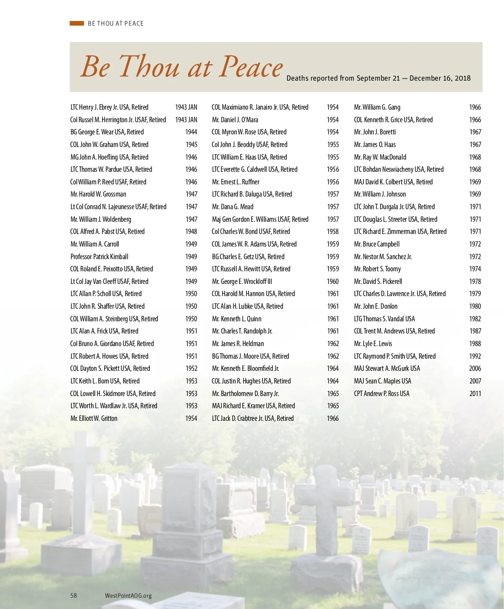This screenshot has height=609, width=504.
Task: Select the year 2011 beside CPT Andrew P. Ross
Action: [x=475, y=394]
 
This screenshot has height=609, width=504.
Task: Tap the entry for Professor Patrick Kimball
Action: [x=100, y=257]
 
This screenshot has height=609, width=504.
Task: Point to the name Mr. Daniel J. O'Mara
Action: [x=235, y=120]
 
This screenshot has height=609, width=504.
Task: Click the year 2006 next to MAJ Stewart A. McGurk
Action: [x=475, y=369]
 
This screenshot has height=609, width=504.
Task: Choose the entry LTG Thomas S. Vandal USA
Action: [x=384, y=319]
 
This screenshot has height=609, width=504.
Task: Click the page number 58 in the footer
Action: [x=73, y=595]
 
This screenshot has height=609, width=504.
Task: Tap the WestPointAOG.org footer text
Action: [x=128, y=596]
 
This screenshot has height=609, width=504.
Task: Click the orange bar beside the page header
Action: [x=77, y=24]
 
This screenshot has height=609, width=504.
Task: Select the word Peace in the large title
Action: [x=251, y=66]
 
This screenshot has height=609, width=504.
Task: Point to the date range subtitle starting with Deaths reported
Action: [x=378, y=78]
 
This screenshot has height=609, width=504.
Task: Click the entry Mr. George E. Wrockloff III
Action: [x=242, y=281]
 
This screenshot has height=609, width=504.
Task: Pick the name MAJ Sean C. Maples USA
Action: [x=383, y=381]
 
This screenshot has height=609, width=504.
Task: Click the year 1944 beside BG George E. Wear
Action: [x=191, y=132]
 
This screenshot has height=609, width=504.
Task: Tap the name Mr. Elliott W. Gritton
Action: [x=94, y=418]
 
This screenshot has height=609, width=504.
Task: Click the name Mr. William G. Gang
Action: [x=377, y=108]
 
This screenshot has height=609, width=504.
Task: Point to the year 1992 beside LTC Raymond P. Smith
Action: [x=475, y=356]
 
